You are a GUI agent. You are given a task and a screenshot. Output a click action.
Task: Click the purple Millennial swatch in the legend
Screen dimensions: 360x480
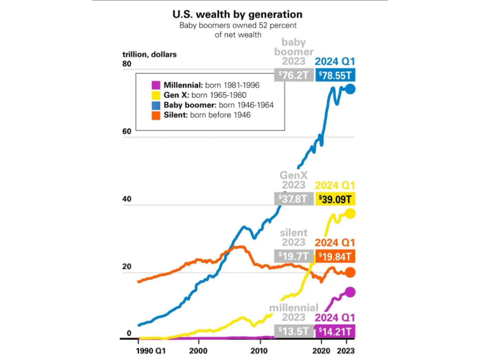point(156,84)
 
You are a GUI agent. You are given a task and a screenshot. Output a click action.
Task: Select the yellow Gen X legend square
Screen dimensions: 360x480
point(156,95)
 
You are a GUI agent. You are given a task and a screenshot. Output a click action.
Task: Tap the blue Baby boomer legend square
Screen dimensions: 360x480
point(156,105)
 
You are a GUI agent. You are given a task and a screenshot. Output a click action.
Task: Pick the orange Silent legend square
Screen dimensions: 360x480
point(156,115)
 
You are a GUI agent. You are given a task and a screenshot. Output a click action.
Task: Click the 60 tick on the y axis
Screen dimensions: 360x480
point(126,132)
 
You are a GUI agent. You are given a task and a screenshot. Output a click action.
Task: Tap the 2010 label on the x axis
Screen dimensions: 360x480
point(260,350)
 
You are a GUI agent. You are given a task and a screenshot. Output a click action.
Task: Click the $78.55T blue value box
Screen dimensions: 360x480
point(335,75)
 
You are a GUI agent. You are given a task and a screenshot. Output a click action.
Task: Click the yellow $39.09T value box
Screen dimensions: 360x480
point(335,199)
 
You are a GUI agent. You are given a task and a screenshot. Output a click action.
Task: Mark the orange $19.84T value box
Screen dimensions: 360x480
point(335,256)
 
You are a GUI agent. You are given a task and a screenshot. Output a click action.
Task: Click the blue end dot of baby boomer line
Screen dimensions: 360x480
point(350,89)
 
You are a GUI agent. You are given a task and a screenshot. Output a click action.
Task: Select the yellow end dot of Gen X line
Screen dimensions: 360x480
point(350,214)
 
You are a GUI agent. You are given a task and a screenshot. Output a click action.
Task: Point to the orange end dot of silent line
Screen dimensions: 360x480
point(350,272)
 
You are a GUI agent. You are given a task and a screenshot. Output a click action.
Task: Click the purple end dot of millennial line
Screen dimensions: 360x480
point(350,292)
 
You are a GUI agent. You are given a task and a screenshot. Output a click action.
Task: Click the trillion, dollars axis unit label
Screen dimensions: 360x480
point(150,54)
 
